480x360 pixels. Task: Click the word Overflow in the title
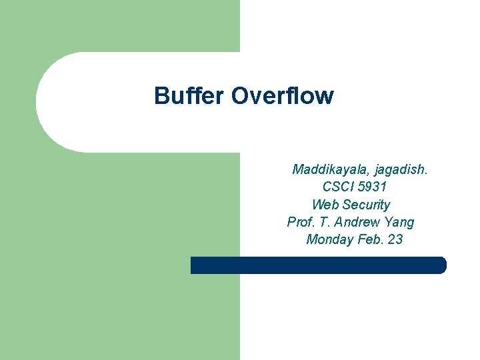(x=282, y=96)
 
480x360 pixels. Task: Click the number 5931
(x=371, y=187)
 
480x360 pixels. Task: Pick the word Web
(x=325, y=205)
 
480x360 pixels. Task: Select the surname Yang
(x=399, y=222)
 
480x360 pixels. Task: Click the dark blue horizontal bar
(x=318, y=265)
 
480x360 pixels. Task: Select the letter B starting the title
(x=161, y=96)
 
